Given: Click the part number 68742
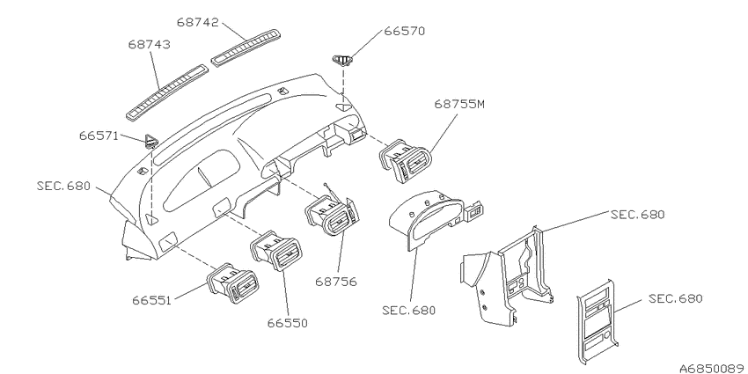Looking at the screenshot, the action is (x=197, y=22).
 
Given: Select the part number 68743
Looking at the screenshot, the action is (x=150, y=44).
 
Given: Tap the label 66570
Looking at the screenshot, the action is (x=405, y=31).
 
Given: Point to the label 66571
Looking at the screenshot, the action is (x=99, y=136).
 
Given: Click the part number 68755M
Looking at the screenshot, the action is (x=459, y=104).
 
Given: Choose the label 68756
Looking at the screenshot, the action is (x=336, y=282).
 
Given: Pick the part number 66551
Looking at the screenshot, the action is (x=151, y=301).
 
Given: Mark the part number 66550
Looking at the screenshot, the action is (x=287, y=323).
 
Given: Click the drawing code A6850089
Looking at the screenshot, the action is (x=713, y=369).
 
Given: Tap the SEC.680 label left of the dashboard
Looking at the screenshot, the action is (x=63, y=186).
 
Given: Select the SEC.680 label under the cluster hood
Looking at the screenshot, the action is (x=409, y=311).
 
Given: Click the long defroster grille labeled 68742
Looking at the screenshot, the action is (x=246, y=47).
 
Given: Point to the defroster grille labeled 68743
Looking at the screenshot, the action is (x=167, y=92).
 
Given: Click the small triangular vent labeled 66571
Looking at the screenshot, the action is (x=150, y=141).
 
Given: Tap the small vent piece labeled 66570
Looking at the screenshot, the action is (x=342, y=60).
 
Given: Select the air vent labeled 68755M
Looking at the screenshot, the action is (x=405, y=160).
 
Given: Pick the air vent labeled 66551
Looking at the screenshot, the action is (x=232, y=283).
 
